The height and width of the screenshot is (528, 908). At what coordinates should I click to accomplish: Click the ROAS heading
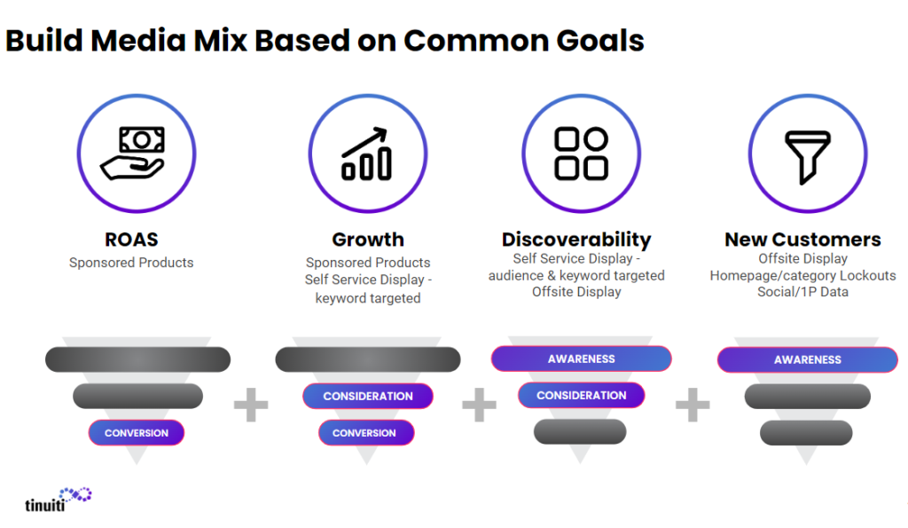(131, 240)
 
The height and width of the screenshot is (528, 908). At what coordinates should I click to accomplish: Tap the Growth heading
(368, 240)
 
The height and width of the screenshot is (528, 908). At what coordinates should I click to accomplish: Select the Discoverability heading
(576, 240)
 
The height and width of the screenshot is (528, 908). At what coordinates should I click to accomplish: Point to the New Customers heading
(802, 240)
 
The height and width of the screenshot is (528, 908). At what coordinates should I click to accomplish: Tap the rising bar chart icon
(366, 154)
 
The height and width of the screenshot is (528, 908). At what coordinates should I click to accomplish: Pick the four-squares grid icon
(581, 154)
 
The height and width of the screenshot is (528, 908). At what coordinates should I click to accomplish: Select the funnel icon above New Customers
(807, 156)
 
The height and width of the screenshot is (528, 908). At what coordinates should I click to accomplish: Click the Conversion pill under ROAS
(136, 433)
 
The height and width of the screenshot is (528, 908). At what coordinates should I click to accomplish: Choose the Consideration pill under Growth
(368, 396)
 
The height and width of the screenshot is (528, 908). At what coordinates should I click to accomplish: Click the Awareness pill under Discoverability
(582, 359)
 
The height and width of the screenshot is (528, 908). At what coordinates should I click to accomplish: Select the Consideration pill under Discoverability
(582, 395)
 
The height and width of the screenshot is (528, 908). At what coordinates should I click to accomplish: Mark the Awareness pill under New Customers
(807, 359)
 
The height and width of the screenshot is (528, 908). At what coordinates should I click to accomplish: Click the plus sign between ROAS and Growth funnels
(251, 406)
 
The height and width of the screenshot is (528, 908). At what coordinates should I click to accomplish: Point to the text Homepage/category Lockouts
(802, 275)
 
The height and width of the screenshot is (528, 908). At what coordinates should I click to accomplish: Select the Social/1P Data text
(802, 292)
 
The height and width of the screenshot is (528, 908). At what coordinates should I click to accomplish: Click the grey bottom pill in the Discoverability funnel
(582, 431)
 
